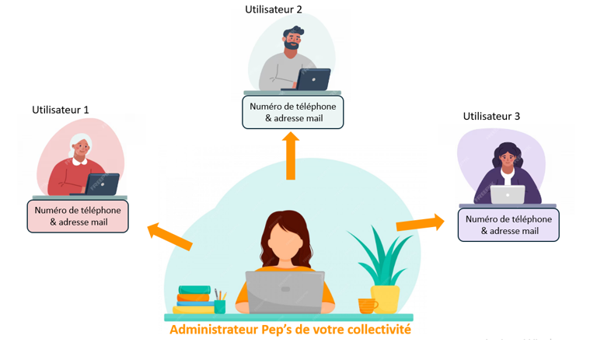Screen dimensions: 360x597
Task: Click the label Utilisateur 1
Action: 60,110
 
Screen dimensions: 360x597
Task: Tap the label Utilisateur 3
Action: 491,117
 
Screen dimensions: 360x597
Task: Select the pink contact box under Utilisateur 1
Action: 78,215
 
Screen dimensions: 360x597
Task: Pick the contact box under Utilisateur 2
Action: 292,112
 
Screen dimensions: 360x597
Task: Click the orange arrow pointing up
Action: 291,156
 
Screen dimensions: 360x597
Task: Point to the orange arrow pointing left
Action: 169,236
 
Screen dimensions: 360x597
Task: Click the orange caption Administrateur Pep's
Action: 290,330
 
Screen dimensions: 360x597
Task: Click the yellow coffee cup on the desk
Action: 367,305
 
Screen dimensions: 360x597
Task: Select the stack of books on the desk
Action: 193,299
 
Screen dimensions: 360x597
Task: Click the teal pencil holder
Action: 220,306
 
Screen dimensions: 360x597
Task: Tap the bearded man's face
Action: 294,41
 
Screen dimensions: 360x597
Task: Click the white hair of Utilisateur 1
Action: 81,139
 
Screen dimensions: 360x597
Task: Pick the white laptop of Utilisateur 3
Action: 508,194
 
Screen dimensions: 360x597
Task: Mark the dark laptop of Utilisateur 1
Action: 102,184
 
